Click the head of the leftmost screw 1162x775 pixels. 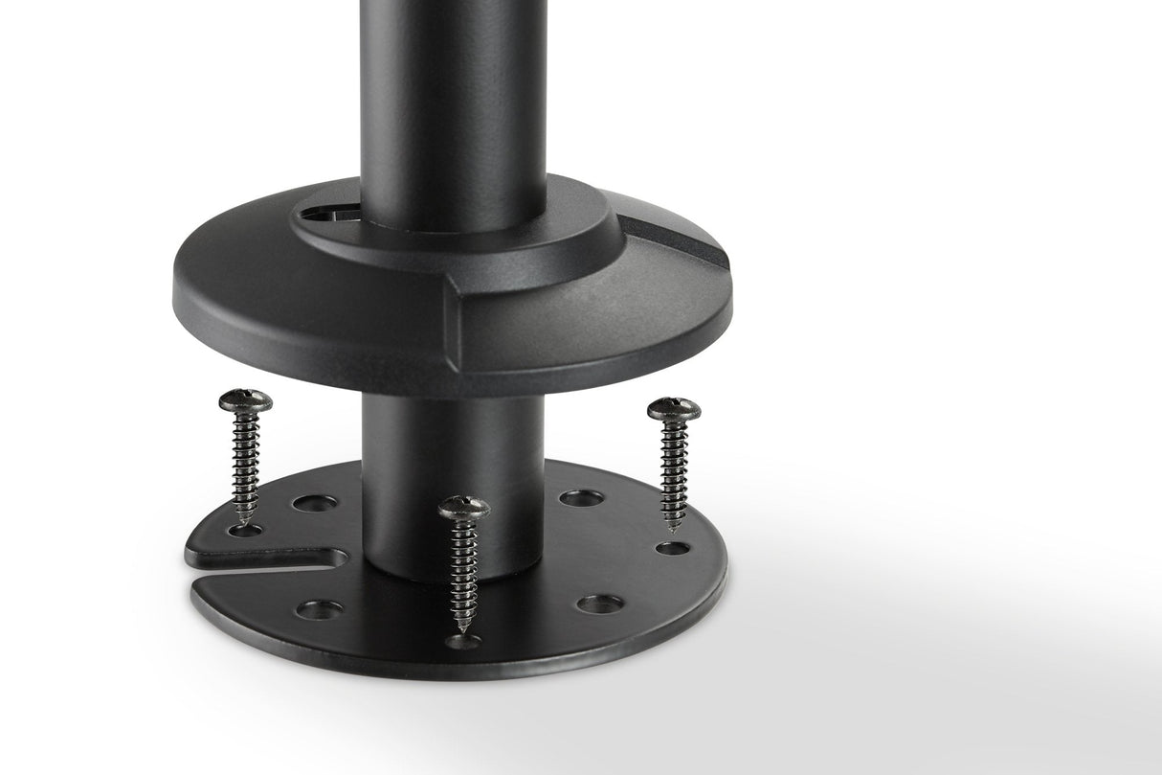[x=245, y=399]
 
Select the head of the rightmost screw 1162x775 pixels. [x=674, y=409]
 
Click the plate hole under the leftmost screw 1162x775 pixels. [x=245, y=529]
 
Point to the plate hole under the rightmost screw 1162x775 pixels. [x=675, y=549]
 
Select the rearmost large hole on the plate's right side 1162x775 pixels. [x=581, y=498]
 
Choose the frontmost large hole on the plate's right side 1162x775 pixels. [x=599, y=604]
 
